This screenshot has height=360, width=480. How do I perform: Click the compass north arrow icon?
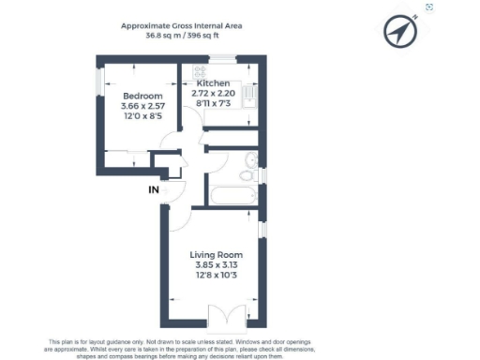coord(400,32)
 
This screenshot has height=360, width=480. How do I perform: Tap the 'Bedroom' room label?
coord(142,97)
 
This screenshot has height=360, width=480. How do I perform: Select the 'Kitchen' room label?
coord(213,84)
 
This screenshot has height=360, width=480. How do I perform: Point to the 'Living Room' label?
coord(217,255)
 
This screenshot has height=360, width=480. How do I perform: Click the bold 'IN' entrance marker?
coord(153,190)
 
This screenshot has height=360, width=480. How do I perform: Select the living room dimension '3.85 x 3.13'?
coord(217,266)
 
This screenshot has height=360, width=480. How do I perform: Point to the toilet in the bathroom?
coord(247,172)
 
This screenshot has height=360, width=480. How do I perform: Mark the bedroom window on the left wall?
coord(100,82)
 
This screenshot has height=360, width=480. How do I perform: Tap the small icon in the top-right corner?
coord(429,7)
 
